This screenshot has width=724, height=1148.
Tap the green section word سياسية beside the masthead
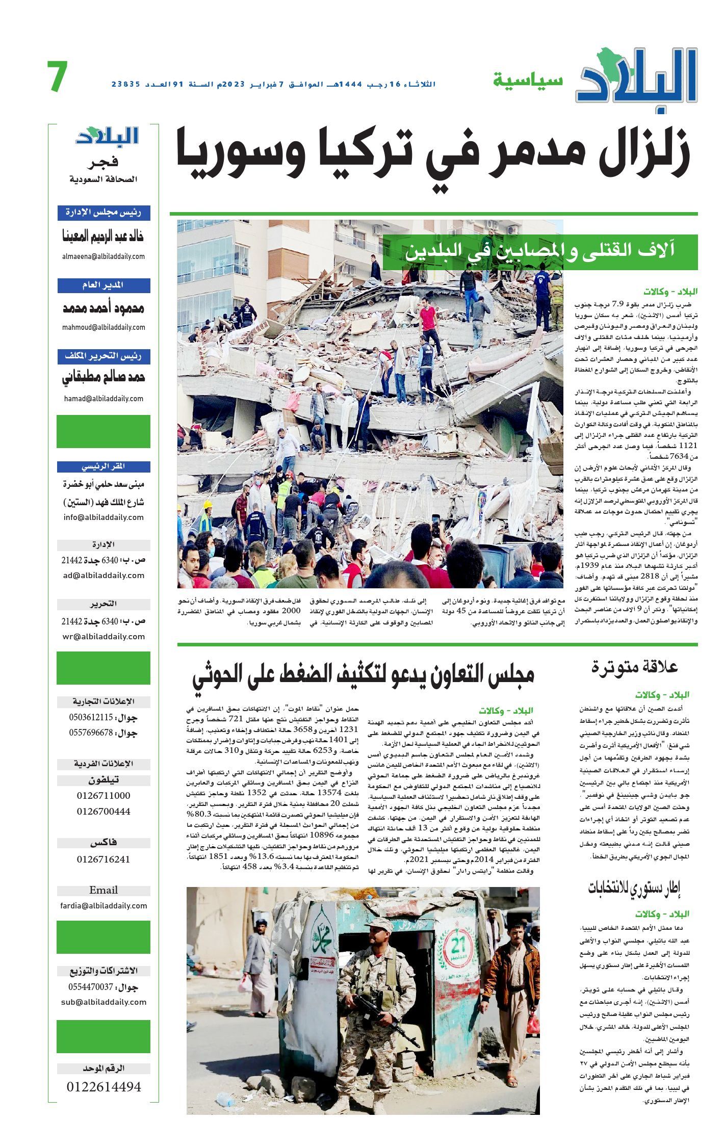pyautogui.click(x=527, y=80)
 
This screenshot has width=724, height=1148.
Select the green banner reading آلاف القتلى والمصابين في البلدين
pyautogui.click(x=540, y=252)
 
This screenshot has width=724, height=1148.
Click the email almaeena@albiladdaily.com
pyautogui.click(x=104, y=256)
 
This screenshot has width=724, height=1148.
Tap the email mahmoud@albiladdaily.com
pyautogui.click(x=104, y=327)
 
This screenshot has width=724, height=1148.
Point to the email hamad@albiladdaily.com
pyautogui.click(x=104, y=399)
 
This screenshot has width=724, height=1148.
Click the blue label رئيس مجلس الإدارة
pyautogui.click(x=104, y=213)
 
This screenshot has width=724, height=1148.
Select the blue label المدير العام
pyautogui.click(x=104, y=285)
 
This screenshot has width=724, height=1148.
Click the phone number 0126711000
pyautogui.click(x=104, y=796)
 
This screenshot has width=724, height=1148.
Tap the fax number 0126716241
pyautogui.click(x=104, y=859)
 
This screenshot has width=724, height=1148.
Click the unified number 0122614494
pyautogui.click(x=104, y=1087)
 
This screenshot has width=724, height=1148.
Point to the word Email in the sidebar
pyautogui.click(x=104, y=890)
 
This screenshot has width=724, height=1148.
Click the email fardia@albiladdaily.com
pyautogui.click(x=104, y=906)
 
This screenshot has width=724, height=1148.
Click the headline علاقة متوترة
pyautogui.click(x=634, y=667)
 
